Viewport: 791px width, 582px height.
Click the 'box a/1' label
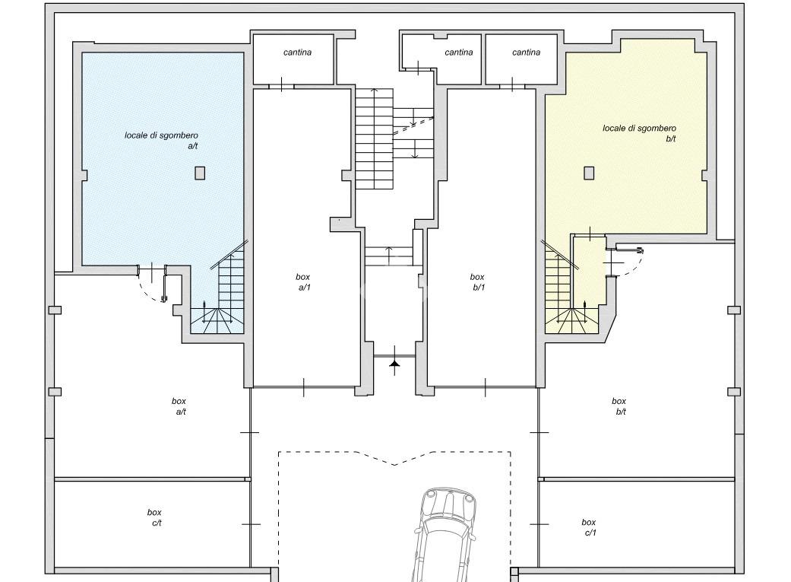303,282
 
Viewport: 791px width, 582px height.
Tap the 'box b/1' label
477,282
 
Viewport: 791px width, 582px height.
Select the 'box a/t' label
179,406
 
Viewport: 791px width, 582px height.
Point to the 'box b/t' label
619,406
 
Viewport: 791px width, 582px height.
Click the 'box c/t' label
154,517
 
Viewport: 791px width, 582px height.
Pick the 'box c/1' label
589,527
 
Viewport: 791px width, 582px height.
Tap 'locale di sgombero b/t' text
640,133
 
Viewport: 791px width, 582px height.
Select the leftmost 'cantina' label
297,52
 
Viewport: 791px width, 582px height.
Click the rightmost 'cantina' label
526,52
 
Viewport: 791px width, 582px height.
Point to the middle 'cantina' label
459,52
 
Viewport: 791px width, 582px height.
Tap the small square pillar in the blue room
201,173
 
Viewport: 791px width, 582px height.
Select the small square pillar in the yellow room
589,173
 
